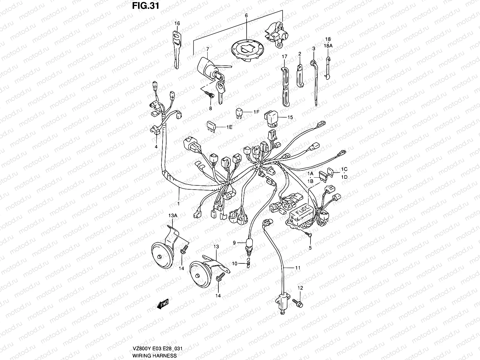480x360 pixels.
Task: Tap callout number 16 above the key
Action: click(x=177, y=23)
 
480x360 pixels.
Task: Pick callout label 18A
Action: click(x=328, y=46)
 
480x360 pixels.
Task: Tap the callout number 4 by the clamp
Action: click(x=156, y=147)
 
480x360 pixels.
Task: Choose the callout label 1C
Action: click(x=344, y=169)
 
